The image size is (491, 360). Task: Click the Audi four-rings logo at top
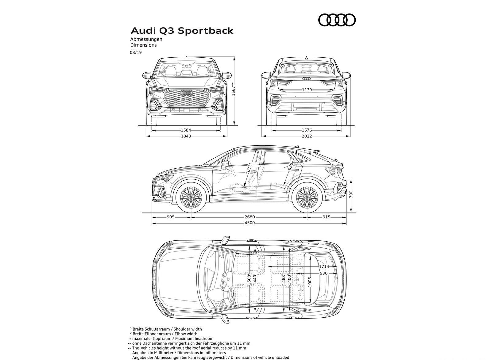coord(337,20)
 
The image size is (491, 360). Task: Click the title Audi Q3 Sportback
coord(182,31)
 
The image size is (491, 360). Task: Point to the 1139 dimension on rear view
coord(307,90)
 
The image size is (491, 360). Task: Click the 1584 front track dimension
coord(186,130)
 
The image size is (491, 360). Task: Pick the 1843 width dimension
coord(186,136)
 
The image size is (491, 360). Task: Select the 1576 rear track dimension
coord(307,130)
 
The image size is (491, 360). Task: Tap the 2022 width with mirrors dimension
coord(307,136)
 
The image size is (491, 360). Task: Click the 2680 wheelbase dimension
coord(249,217)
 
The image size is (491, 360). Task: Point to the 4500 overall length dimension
coord(249,223)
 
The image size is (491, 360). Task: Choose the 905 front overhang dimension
coord(171,217)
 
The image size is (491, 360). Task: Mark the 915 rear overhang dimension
coord(327,217)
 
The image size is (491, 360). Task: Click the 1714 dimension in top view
coord(323,267)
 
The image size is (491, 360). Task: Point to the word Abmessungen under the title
coord(146,39)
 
